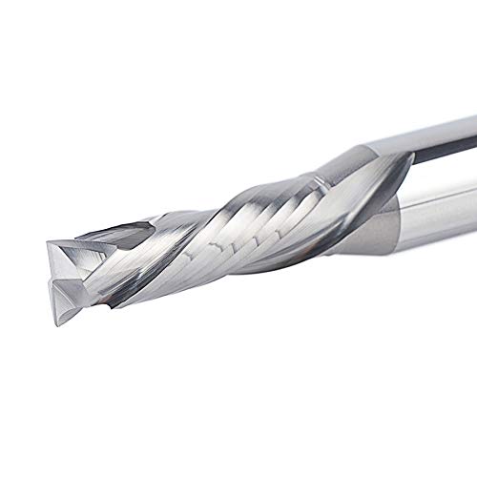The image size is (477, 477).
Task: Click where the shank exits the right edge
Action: click(473, 172)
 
